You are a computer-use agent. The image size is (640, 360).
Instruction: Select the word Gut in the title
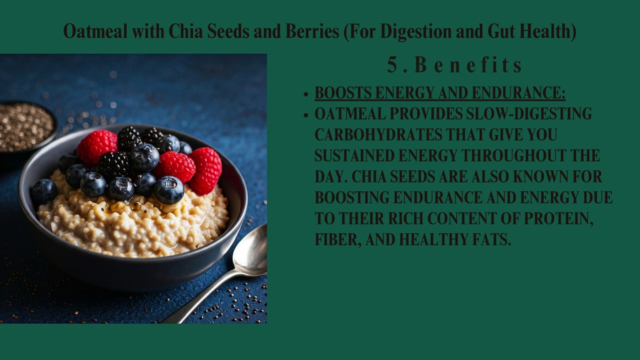(x=500, y=31)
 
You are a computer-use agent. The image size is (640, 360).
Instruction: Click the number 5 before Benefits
(x=392, y=65)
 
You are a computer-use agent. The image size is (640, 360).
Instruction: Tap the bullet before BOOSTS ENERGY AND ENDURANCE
(x=305, y=94)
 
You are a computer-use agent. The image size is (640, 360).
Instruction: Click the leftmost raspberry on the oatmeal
(x=96, y=147)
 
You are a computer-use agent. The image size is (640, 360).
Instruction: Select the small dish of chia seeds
(x=26, y=126)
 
